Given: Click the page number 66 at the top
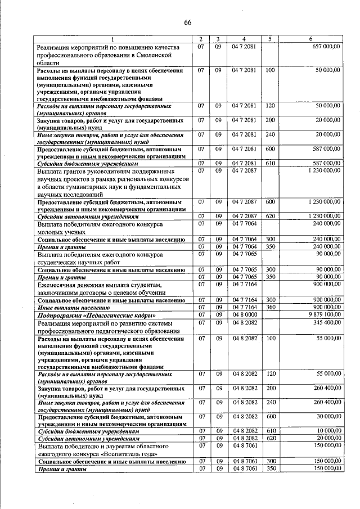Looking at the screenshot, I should [x=188, y=22].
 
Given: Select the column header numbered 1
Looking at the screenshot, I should [x=112, y=39].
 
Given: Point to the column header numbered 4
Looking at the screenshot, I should [x=244, y=39].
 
